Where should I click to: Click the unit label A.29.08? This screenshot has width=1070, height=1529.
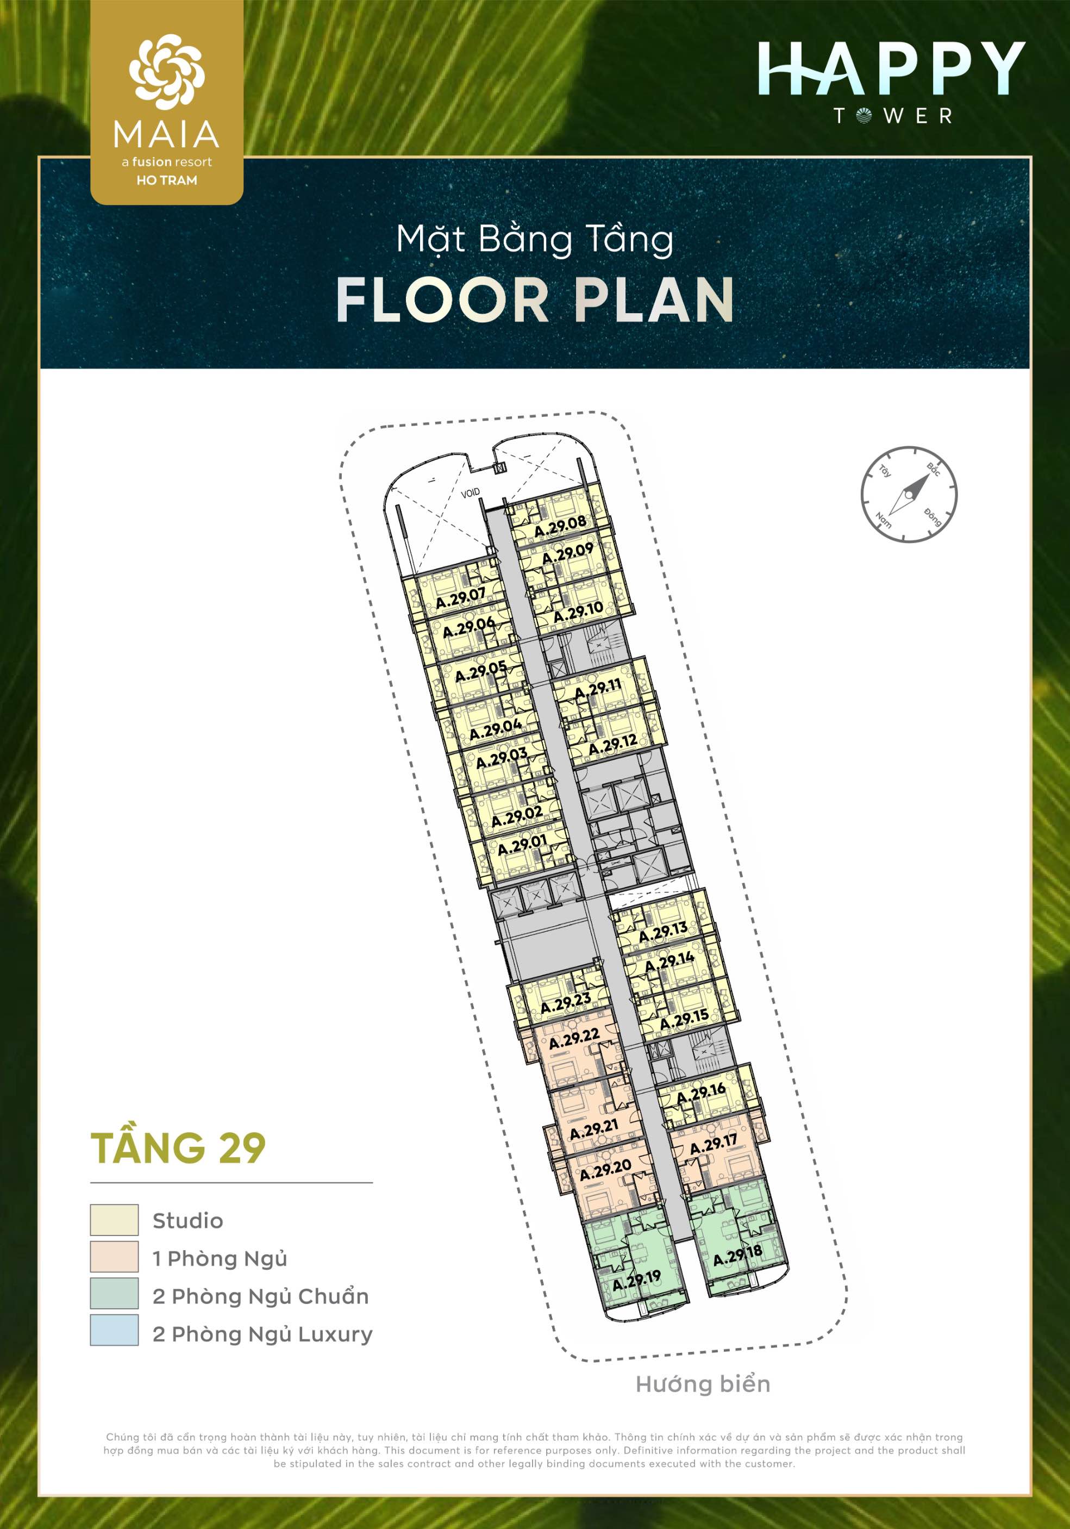click(561, 526)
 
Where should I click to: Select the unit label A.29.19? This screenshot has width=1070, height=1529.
click(636, 1281)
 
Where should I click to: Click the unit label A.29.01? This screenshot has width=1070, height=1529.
click(522, 845)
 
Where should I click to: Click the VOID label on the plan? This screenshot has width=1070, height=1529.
click(470, 494)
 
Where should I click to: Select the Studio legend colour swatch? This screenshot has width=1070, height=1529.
click(115, 1221)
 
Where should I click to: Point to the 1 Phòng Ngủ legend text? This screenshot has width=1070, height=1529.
click(220, 1259)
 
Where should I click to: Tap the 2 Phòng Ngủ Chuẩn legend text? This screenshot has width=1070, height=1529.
click(260, 1296)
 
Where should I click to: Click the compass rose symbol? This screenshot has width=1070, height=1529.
click(909, 494)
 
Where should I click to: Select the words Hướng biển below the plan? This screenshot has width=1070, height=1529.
click(703, 1384)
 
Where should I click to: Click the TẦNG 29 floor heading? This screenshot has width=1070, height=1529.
click(178, 1147)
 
